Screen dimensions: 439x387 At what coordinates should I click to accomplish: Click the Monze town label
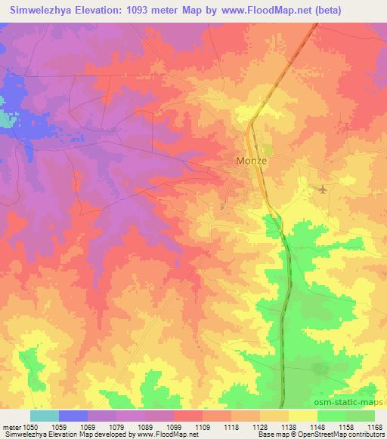(x=252, y=161)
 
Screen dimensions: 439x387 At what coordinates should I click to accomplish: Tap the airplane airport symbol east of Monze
(x=324, y=188)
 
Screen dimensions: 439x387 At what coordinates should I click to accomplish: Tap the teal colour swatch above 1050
(x=45, y=416)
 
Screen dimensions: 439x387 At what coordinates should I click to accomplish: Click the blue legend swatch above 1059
(x=73, y=416)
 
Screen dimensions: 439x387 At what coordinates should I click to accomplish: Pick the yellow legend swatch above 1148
(x=303, y=416)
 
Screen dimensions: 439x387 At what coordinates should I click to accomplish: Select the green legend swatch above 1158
(x=332, y=416)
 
